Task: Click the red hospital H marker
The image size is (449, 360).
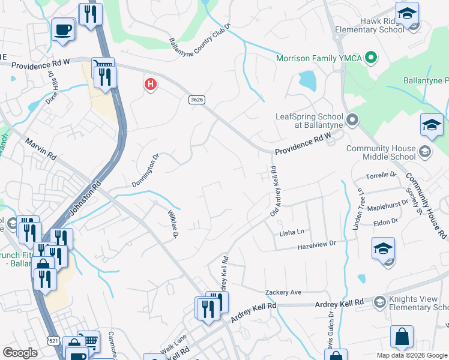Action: pyautogui.click(x=150, y=84)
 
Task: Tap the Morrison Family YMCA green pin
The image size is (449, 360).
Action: pyautogui.click(x=371, y=58)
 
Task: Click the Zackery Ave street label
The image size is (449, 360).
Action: pyautogui.click(x=283, y=292)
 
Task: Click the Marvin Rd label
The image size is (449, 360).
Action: pyautogui.click(x=41, y=149)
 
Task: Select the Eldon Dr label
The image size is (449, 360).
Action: pyautogui.click(x=382, y=221)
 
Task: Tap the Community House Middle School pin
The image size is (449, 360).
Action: pyautogui.click(x=426, y=151)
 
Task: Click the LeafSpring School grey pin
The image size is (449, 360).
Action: pyautogui.click(x=352, y=121)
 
